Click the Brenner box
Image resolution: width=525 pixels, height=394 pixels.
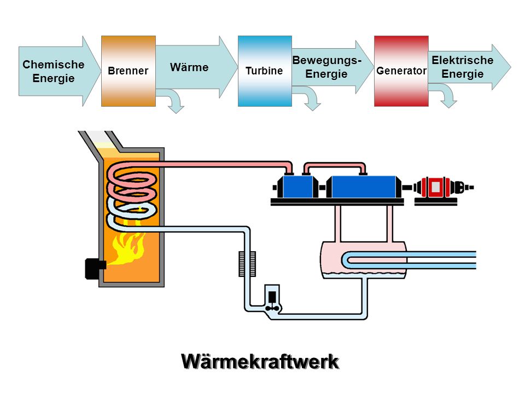[128, 71]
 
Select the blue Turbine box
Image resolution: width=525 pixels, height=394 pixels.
[265, 71]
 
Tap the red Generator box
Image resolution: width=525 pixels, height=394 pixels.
[401, 71]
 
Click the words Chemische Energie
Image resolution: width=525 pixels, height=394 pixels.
[54, 71]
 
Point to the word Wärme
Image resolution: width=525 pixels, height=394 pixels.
[189, 67]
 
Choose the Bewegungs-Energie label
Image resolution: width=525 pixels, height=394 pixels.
[327, 67]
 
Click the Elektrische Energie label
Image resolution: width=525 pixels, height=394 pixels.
[463, 67]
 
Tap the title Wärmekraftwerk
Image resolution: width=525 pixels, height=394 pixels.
[260, 362]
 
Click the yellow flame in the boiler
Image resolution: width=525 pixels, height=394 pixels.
[129, 248]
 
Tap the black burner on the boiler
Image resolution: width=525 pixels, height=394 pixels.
[95, 268]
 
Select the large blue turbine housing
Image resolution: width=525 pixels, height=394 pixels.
[363, 187]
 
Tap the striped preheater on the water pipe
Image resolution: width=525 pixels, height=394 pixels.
[247, 264]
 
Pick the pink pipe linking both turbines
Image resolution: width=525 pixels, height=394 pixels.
[334, 164]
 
